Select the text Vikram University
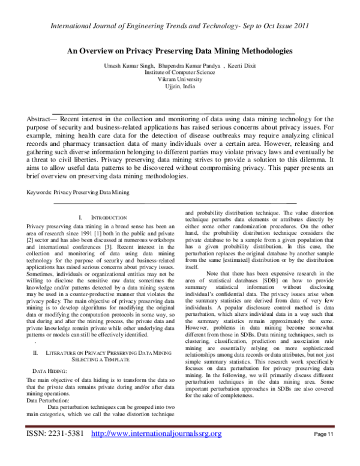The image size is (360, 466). (180, 79)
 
